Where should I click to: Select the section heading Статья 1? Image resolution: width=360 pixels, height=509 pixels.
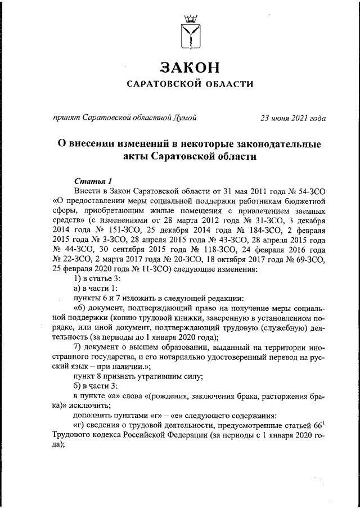[x=93, y=181]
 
